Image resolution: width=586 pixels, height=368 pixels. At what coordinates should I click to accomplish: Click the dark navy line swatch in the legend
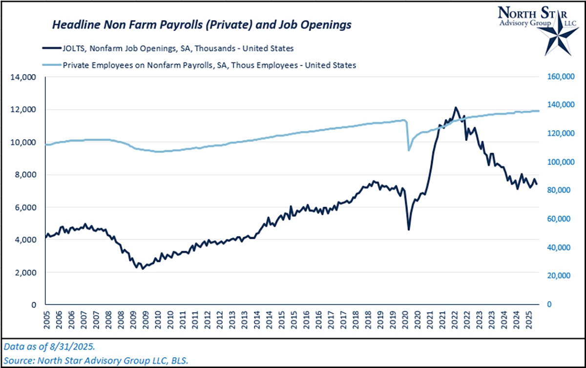click(50, 48)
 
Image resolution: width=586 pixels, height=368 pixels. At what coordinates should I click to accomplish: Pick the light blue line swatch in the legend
click(50, 65)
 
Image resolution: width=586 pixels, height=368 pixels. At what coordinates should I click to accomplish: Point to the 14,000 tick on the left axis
click(23, 77)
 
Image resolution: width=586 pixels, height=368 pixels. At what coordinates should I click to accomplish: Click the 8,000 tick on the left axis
click(25, 175)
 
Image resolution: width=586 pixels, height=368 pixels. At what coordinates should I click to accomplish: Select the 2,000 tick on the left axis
click(25, 272)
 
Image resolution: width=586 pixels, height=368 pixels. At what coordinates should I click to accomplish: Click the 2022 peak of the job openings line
click(455, 107)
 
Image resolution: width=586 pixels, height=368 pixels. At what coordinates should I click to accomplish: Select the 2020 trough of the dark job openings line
click(409, 229)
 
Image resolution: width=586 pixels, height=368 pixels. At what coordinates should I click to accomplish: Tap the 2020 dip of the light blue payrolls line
click(409, 150)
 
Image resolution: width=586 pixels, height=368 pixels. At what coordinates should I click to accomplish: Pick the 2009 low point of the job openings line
click(143, 268)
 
